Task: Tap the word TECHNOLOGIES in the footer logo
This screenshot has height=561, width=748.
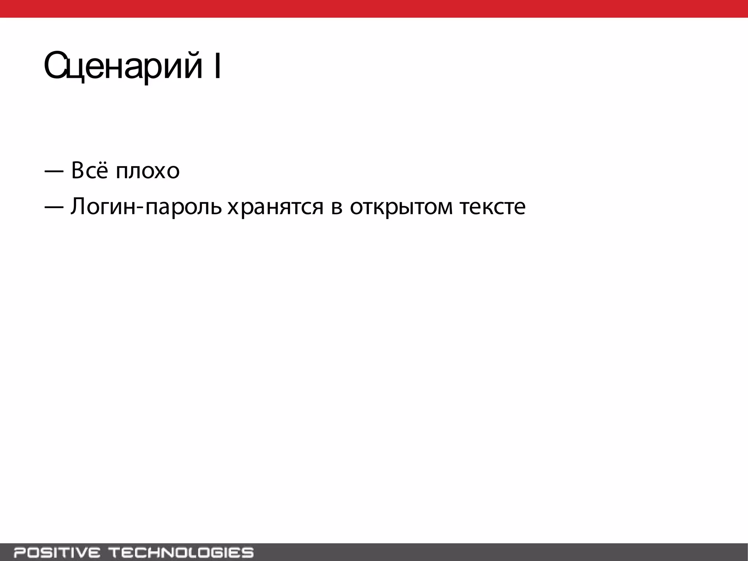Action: [182, 552]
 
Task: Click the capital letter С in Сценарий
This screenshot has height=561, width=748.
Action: [54, 66]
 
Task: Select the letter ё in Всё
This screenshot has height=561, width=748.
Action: [102, 171]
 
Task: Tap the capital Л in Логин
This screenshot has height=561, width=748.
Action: [78, 206]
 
